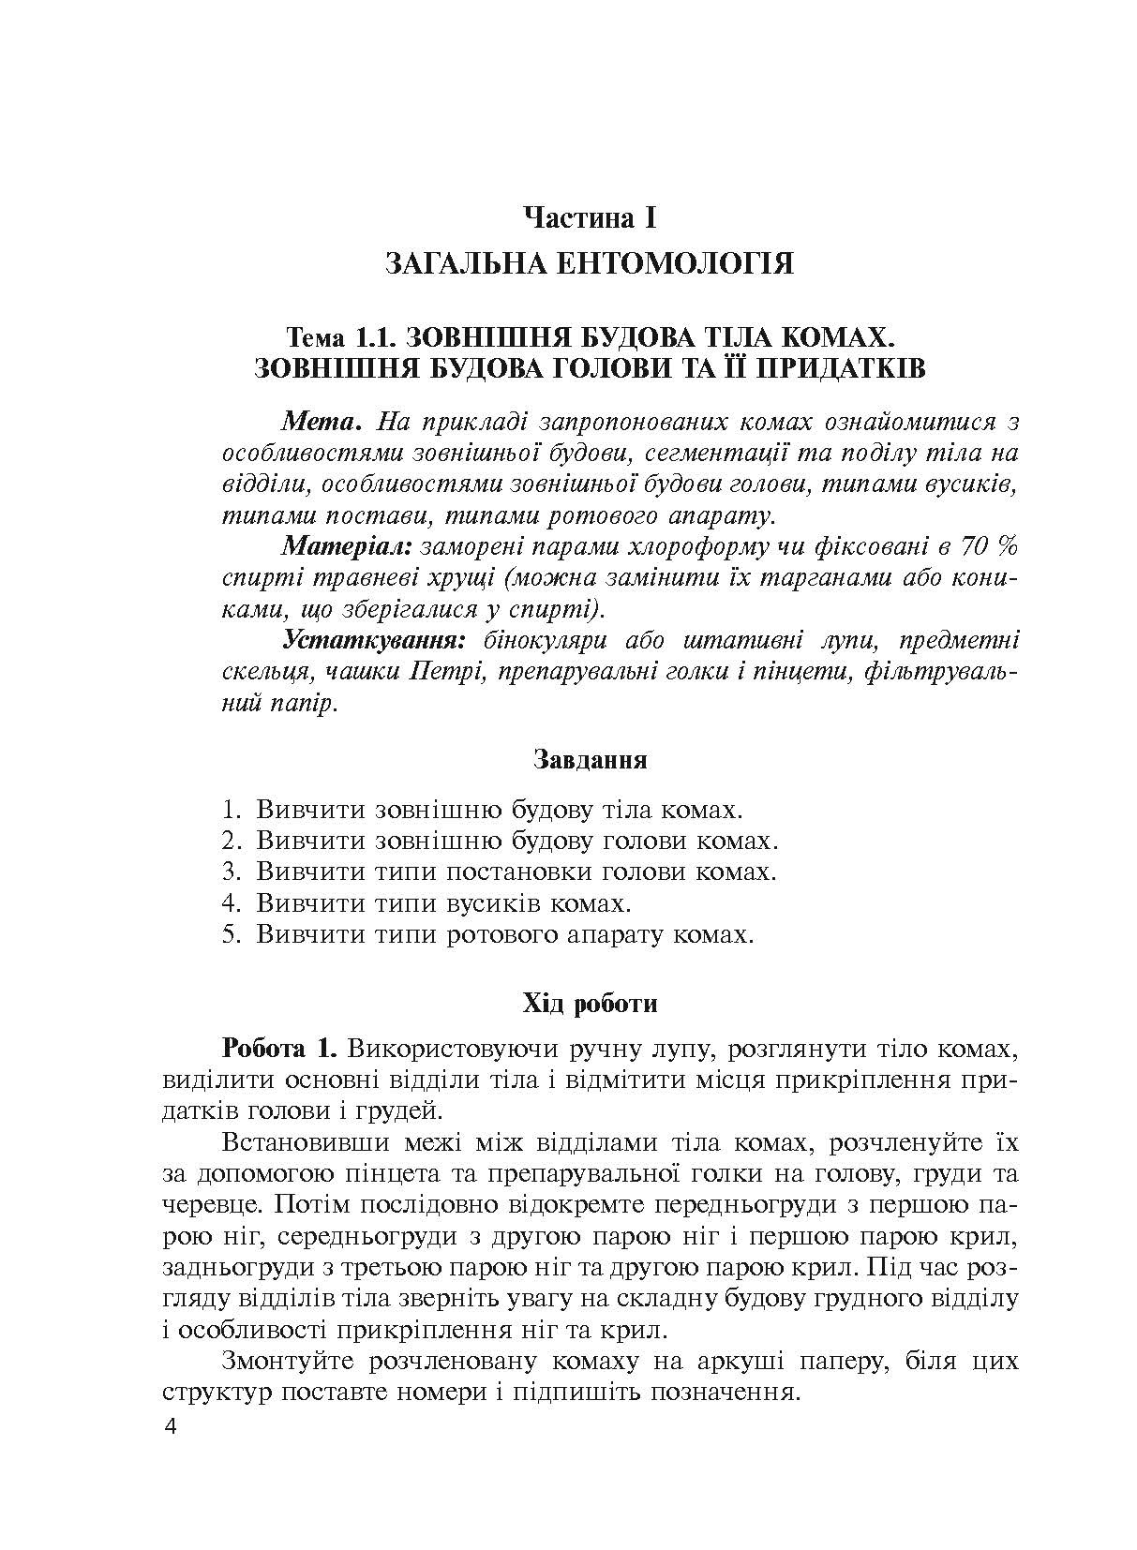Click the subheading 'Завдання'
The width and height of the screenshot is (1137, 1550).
pos(590,759)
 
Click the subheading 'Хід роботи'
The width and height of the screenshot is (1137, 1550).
pos(590,1004)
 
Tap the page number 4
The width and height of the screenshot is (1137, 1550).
pos(170,1427)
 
